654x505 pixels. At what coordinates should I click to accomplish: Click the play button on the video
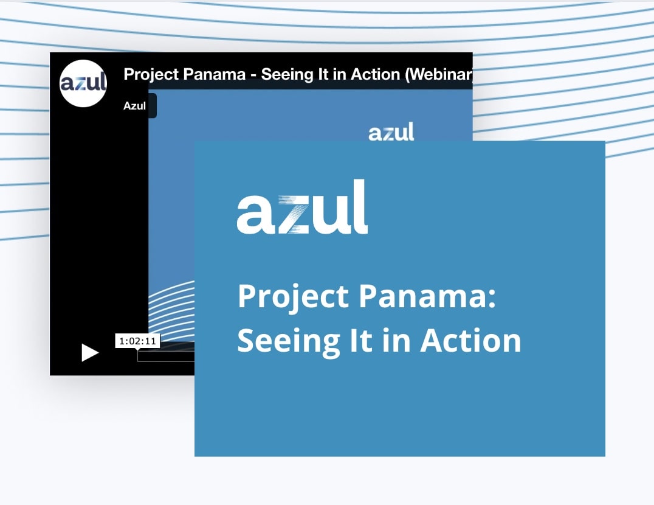pos(90,353)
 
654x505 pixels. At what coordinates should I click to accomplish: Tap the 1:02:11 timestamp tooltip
pos(137,341)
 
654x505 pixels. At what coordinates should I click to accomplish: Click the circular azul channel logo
pos(83,83)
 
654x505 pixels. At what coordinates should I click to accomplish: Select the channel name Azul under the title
pos(134,106)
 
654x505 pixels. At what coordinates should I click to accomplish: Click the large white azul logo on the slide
pos(302,207)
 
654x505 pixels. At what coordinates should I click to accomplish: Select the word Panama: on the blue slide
pos(427,296)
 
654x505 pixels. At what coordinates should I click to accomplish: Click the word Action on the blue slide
pos(470,340)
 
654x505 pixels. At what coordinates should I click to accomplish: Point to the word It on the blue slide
pos(360,340)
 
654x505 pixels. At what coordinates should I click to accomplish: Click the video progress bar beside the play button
pos(166,356)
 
